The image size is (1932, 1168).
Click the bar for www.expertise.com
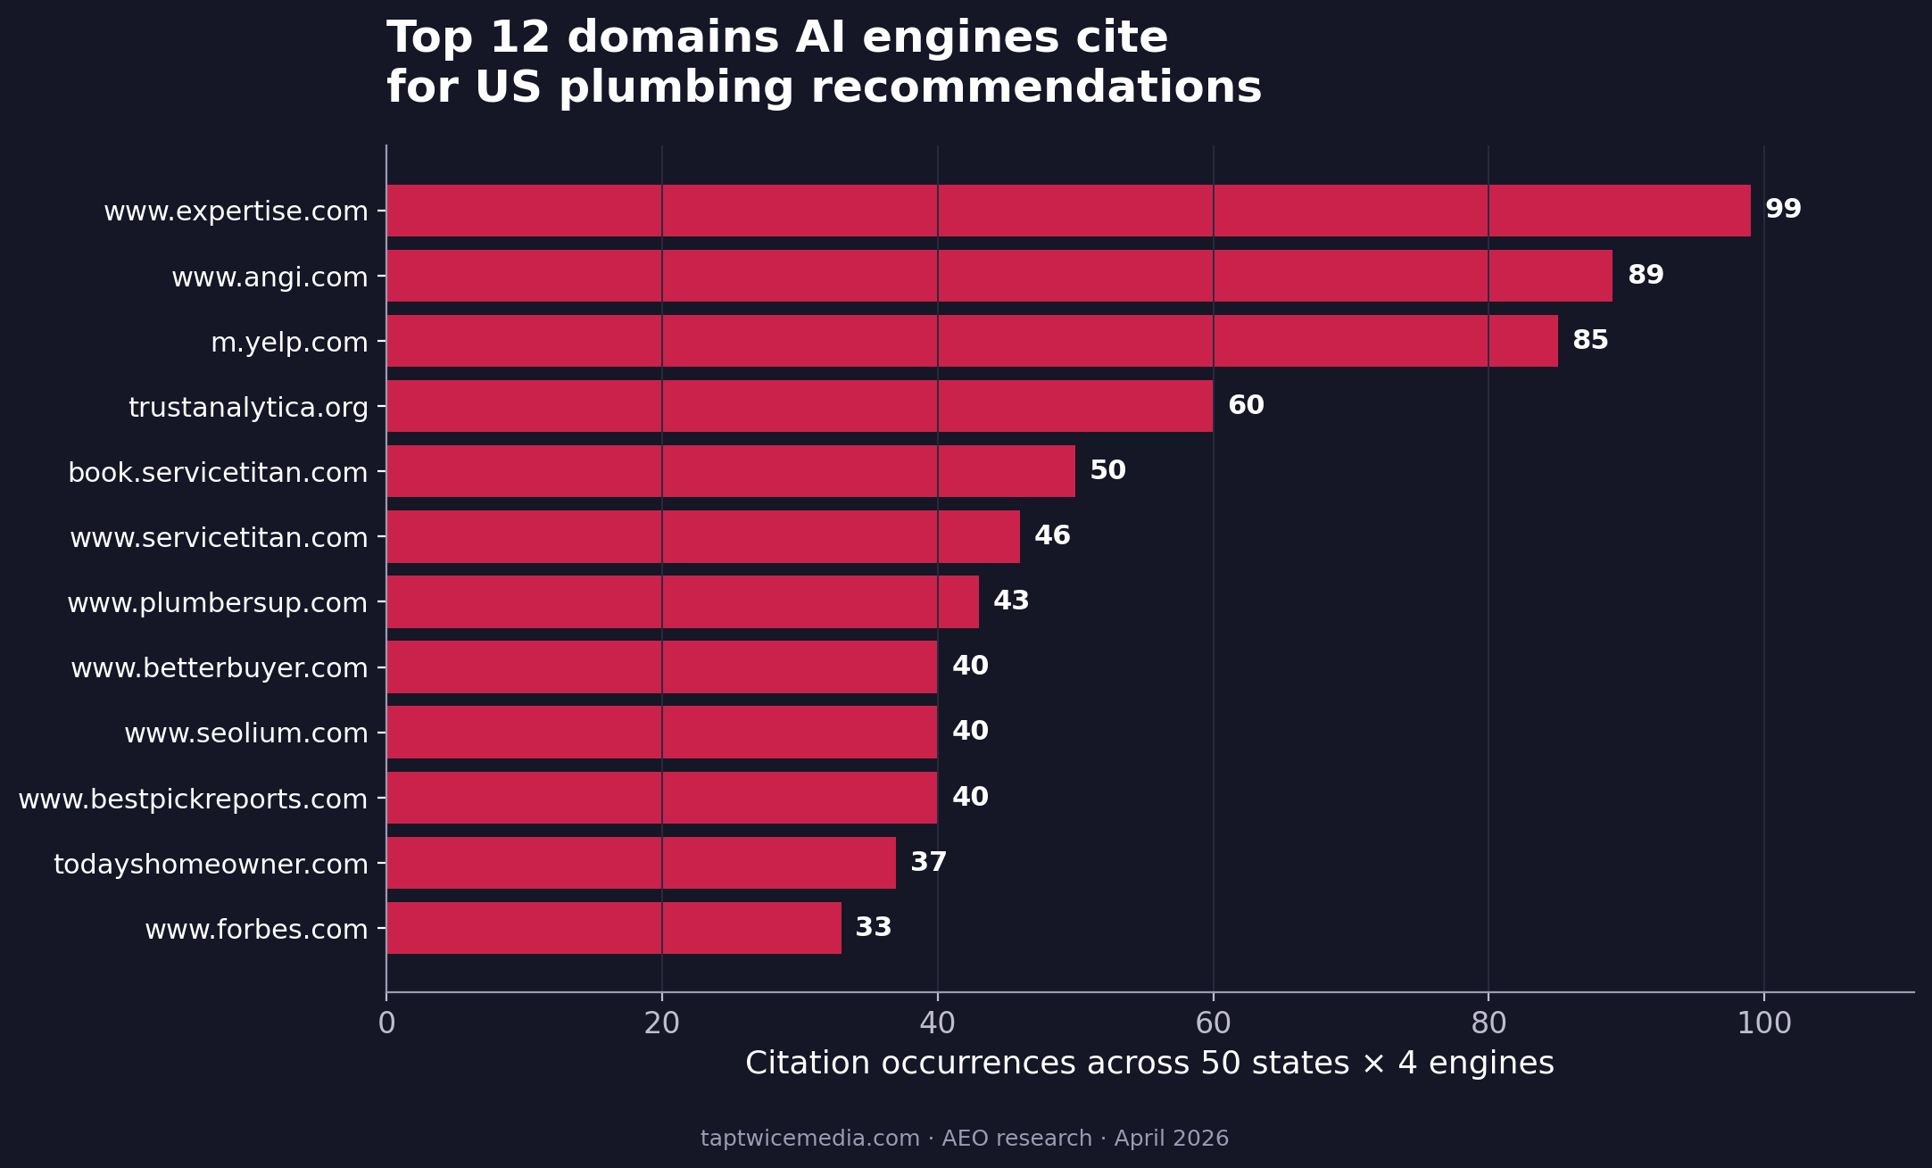pyautogui.click(x=1068, y=211)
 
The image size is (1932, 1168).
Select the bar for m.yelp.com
pyautogui.click(x=972, y=341)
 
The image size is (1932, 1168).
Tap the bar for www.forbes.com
pyautogui.click(x=614, y=928)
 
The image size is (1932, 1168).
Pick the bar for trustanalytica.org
pyautogui.click(x=800, y=406)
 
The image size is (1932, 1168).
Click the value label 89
pyautogui.click(x=1646, y=275)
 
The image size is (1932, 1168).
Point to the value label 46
pyautogui.click(x=1052, y=535)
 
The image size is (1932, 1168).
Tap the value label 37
pyautogui.click(x=928, y=862)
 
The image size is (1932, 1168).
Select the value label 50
pyautogui.click(x=1107, y=470)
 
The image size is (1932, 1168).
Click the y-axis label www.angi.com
pyautogui.click(x=269, y=278)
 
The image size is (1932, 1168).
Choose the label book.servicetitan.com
pyautogui.click(x=218, y=473)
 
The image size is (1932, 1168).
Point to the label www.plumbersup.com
pyautogui.click(x=217, y=603)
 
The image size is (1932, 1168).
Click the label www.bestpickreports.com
pyautogui.click(x=193, y=799)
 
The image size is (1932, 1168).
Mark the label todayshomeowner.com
pyautogui.click(x=211, y=865)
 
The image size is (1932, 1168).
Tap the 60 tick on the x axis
pyautogui.click(x=1213, y=1023)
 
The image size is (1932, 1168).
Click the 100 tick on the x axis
pyautogui.click(x=1763, y=1023)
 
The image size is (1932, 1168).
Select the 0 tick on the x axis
pyautogui.click(x=386, y=1023)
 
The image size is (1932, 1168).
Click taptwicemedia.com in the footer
pyautogui.click(x=809, y=1139)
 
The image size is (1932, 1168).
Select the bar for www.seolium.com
pyautogui.click(x=662, y=732)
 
